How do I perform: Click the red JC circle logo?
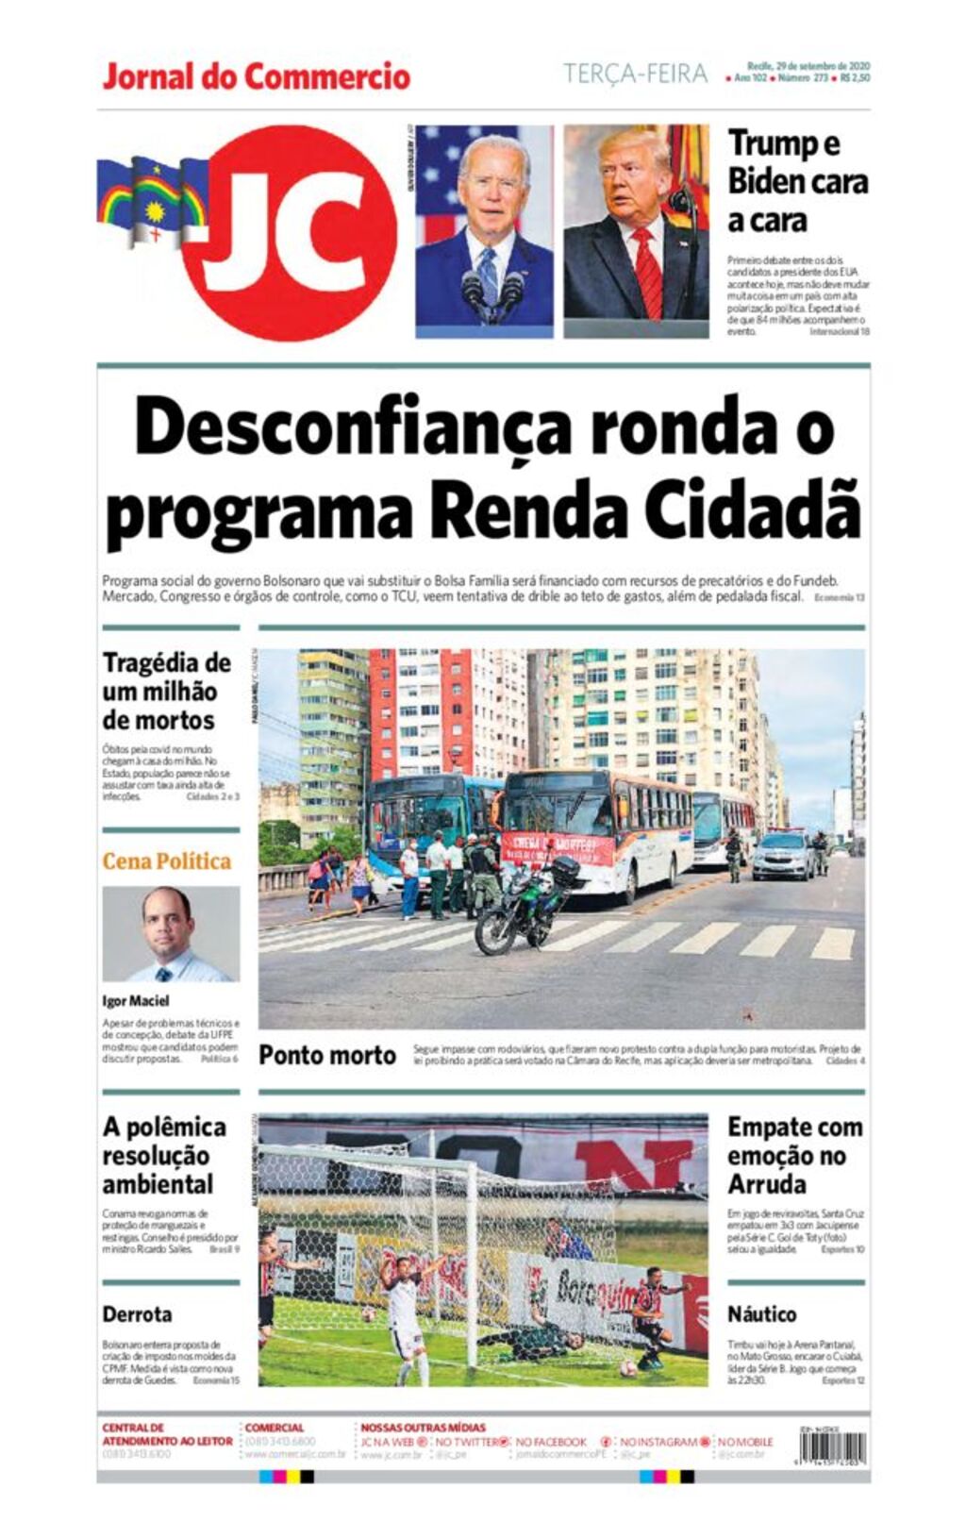click(x=289, y=232)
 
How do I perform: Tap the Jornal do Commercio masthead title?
click(x=256, y=76)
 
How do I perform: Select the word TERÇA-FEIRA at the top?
click(x=635, y=74)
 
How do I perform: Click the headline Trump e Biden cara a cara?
click(x=797, y=181)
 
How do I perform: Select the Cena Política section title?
click(x=166, y=861)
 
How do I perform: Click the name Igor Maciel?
click(x=136, y=1000)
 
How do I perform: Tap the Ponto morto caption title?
click(x=327, y=1055)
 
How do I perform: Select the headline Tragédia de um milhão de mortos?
click(x=166, y=692)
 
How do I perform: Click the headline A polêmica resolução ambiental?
click(x=164, y=1155)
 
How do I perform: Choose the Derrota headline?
click(x=138, y=1313)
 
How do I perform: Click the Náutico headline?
click(x=761, y=1313)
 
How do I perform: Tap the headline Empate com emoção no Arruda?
click(x=794, y=1155)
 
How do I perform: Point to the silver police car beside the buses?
click(x=782, y=857)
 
